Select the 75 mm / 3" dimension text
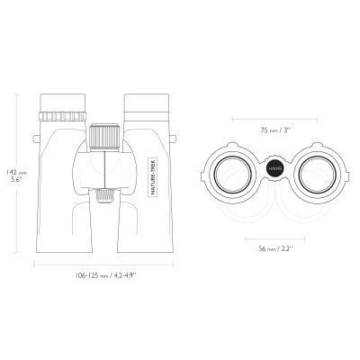click(x=275, y=130)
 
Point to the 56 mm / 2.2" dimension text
click(x=275, y=248)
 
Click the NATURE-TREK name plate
click(x=154, y=177)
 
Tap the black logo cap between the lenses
click(x=274, y=169)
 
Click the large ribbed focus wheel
click(x=105, y=136)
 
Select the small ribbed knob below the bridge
click(x=105, y=195)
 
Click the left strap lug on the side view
click(x=36, y=139)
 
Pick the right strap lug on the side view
click(x=173, y=139)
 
